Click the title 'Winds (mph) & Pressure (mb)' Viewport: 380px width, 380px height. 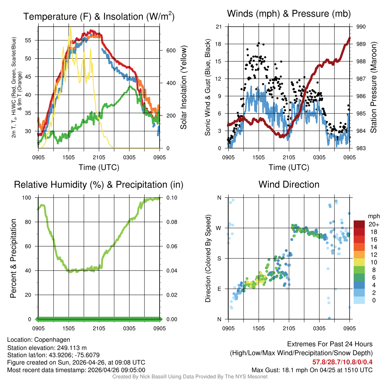[x=289, y=14]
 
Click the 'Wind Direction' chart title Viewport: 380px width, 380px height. [x=289, y=184]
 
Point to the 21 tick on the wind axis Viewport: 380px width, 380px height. [x=219, y=27]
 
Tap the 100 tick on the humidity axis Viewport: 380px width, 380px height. [x=29, y=198]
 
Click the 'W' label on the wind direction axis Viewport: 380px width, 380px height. [x=219, y=228]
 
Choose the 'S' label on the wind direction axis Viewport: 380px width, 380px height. [x=219, y=259]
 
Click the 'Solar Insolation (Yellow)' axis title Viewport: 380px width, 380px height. [x=184, y=88]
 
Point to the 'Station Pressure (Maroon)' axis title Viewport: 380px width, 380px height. [x=374, y=88]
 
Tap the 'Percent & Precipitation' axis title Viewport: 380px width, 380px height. [x=13, y=258]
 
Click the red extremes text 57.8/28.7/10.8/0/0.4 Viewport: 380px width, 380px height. [x=342, y=361]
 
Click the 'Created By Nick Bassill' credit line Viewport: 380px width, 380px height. [x=190, y=376]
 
